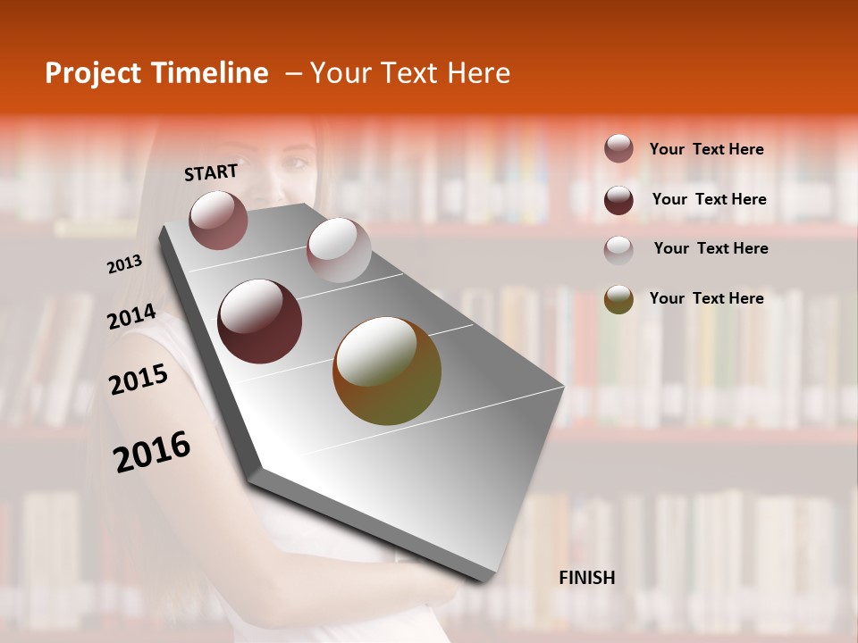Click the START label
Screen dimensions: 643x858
pyautogui.click(x=211, y=172)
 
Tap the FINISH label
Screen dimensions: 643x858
pyautogui.click(x=586, y=578)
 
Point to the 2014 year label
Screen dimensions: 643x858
pyautogui.click(x=131, y=317)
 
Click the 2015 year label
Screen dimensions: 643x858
pyautogui.click(x=139, y=380)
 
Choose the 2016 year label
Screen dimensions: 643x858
pyautogui.click(x=152, y=451)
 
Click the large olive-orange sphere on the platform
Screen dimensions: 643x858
pyautogui.click(x=387, y=371)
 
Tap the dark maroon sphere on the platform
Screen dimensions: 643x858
pyautogui.click(x=260, y=321)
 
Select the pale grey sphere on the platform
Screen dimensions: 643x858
pyautogui.click(x=339, y=250)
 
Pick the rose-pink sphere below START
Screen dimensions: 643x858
pyautogui.click(x=219, y=220)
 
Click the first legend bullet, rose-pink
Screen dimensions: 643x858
pyautogui.click(x=618, y=149)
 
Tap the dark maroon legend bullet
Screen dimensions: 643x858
pyautogui.click(x=618, y=200)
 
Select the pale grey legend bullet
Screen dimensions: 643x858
pyautogui.click(x=618, y=249)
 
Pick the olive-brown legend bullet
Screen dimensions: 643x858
pyautogui.click(x=618, y=299)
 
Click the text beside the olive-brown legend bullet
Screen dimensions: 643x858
pyautogui.click(x=706, y=298)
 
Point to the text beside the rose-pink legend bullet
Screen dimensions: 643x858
pyautogui.click(x=706, y=149)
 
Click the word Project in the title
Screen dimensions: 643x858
pyautogui.click(x=93, y=73)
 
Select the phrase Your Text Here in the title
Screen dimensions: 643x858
pyautogui.click(x=409, y=73)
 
